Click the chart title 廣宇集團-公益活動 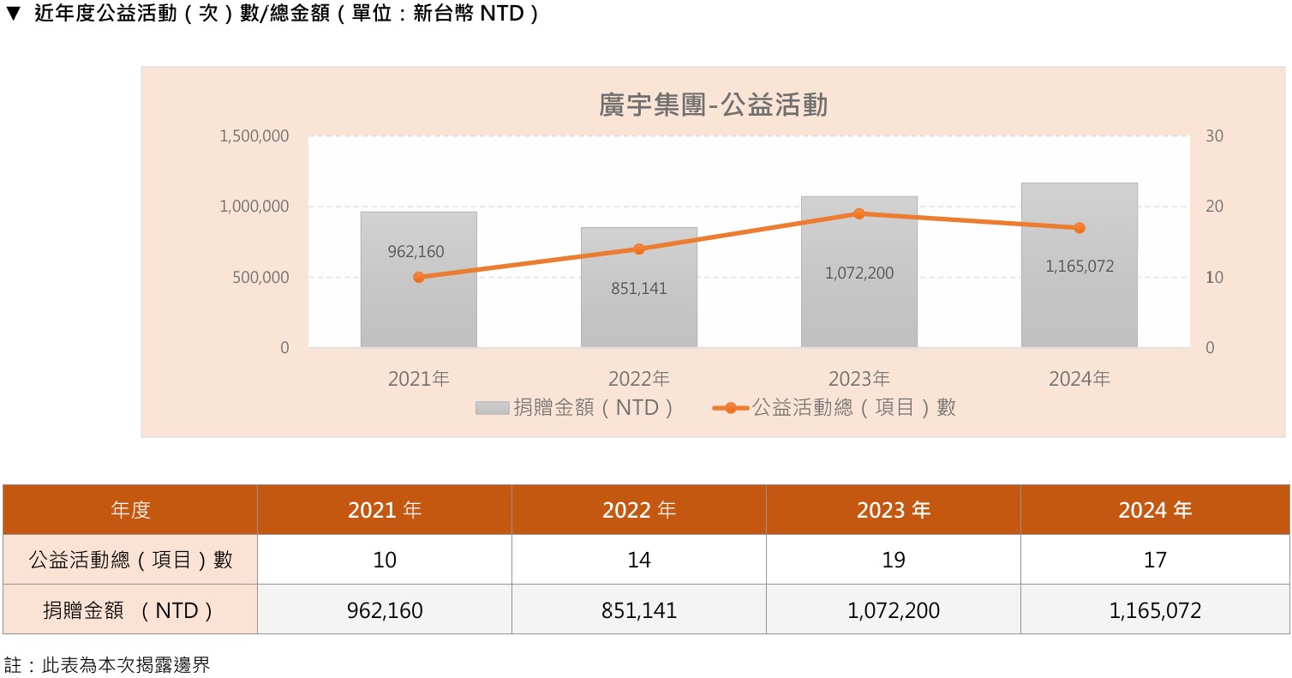713,105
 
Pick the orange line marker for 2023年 859,213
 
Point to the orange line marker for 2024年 1080,228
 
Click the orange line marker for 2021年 418,277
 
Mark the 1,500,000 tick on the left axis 254,136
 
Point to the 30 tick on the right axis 1215,136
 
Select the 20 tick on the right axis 1215,207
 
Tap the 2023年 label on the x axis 859,378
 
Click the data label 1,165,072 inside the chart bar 1080,267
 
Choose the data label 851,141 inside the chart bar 638,289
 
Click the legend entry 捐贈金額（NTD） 576,407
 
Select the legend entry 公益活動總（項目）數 834,407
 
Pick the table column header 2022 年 638,510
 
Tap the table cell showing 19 893,560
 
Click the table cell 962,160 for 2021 385,610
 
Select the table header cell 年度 130,510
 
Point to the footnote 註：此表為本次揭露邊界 108,665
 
